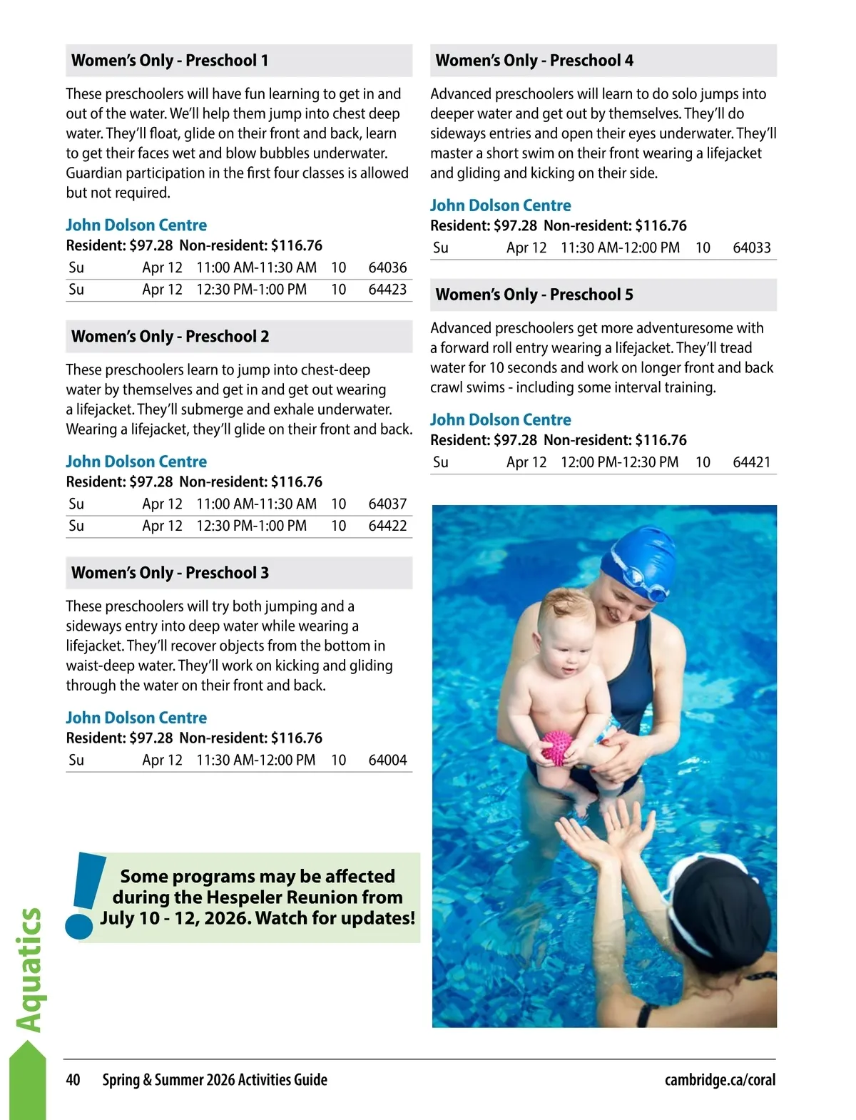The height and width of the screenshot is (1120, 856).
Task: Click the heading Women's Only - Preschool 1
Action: tap(170, 61)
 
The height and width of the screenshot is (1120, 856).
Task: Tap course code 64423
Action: tap(387, 290)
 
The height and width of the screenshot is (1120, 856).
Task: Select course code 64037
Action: tap(387, 504)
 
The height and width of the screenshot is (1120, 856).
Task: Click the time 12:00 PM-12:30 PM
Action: tap(619, 462)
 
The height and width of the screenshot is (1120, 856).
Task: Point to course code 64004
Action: tap(387, 760)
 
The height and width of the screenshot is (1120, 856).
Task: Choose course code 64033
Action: tap(752, 248)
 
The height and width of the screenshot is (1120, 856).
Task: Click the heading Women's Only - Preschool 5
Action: tap(534, 295)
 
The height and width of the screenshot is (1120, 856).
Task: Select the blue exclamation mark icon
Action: tap(83, 895)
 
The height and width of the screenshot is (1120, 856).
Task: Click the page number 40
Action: tap(73, 1080)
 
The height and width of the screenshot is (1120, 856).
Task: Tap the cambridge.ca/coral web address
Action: tap(720, 1080)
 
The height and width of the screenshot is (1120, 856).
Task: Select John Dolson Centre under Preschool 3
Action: tap(136, 718)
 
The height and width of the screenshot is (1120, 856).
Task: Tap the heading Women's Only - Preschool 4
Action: tap(534, 61)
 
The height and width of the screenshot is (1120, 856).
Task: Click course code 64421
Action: tap(752, 462)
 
